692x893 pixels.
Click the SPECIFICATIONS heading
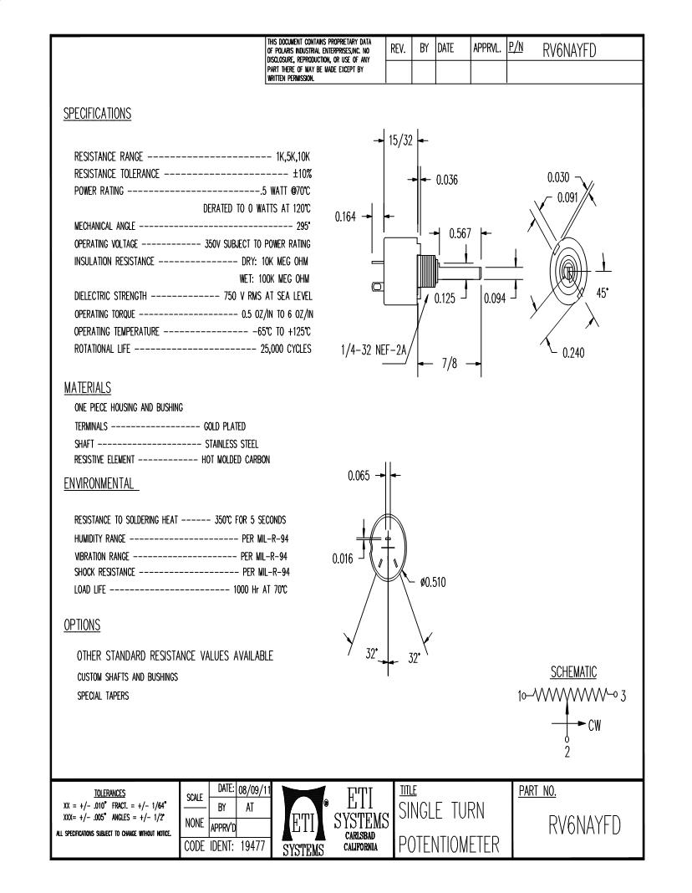[97, 115]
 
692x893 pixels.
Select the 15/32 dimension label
[400, 140]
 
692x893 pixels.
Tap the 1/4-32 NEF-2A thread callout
[374, 352]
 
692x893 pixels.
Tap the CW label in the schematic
[594, 726]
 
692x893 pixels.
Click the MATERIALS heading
[88, 389]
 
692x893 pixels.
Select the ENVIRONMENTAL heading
[101, 483]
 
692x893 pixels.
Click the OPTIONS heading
[82, 625]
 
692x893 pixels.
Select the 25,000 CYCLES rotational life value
[286, 349]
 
